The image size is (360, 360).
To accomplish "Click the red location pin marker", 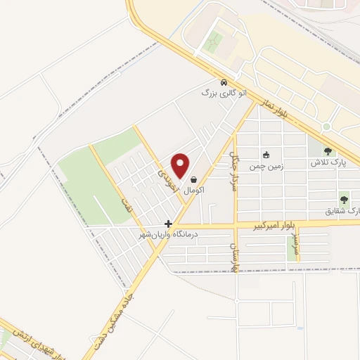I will click(x=181, y=166).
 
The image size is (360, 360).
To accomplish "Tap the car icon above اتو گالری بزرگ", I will click(x=224, y=82).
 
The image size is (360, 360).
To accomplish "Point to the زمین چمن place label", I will click(x=266, y=168).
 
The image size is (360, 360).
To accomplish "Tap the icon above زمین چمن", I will click(x=266, y=155).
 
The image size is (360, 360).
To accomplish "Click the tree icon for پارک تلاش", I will click(x=328, y=150).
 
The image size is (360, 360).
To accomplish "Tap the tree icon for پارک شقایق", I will click(x=344, y=199).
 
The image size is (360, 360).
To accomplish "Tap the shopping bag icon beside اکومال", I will click(x=193, y=180).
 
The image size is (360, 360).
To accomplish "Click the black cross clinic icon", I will click(x=168, y=224).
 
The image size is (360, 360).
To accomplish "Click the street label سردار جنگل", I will click(x=236, y=170).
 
